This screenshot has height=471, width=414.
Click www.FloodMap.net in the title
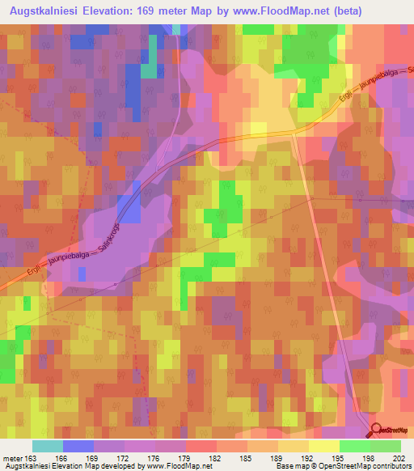(282, 11)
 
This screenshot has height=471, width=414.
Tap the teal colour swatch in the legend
(48, 446)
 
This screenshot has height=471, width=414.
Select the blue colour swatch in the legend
(78, 446)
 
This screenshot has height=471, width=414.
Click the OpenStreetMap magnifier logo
(377, 431)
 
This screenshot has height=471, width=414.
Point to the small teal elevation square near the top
(149, 69)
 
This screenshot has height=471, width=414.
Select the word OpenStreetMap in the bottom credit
(331, 467)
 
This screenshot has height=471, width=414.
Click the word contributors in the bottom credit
(387, 467)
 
